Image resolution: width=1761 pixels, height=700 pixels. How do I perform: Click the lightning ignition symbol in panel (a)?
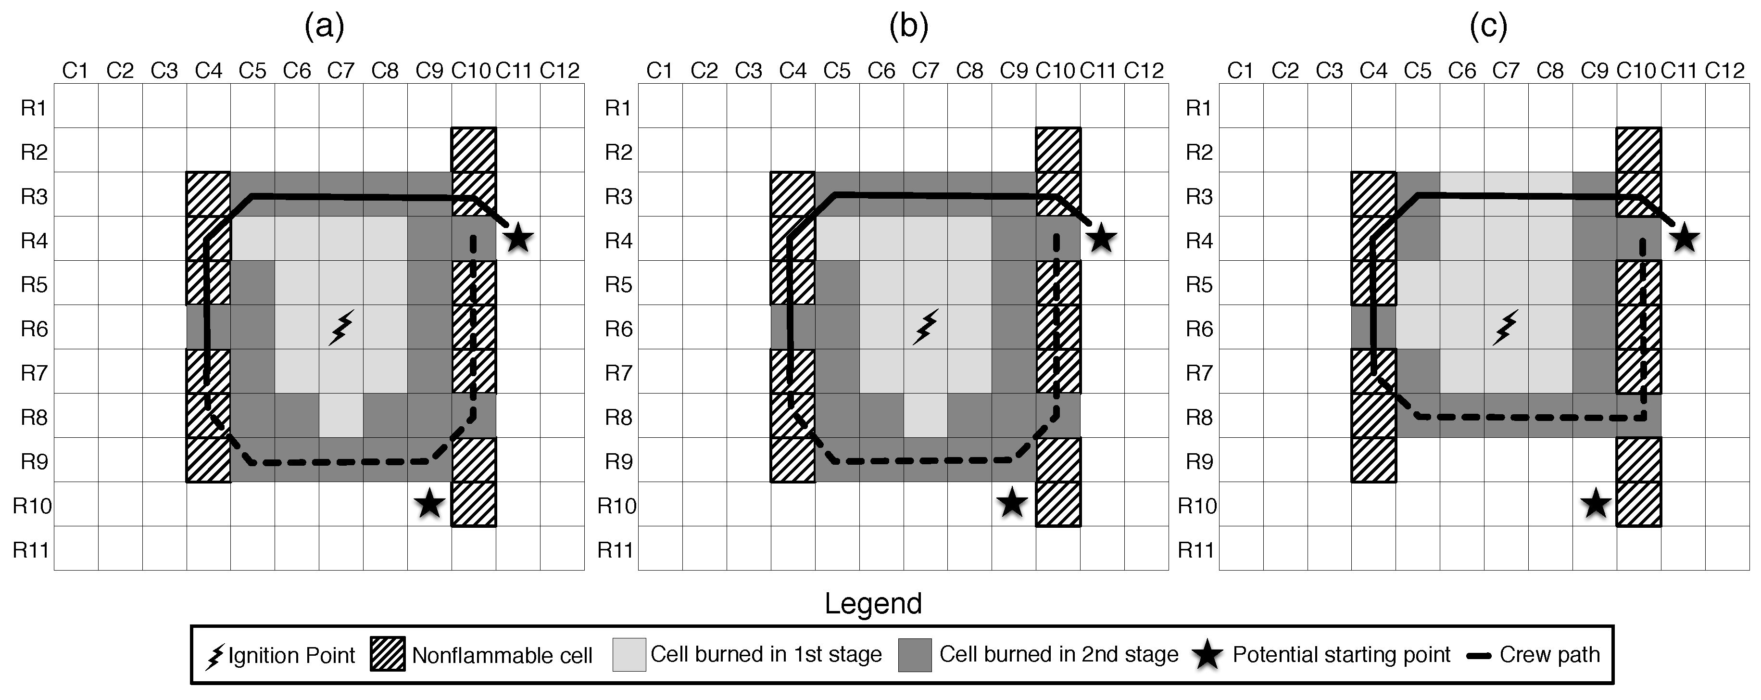[341, 328]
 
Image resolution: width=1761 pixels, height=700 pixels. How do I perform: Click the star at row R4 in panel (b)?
[1101, 239]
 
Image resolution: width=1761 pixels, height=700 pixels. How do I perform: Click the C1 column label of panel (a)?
[75, 70]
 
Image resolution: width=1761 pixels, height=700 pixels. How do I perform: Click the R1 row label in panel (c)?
[1198, 108]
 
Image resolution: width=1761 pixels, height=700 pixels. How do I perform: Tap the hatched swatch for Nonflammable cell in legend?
[388, 654]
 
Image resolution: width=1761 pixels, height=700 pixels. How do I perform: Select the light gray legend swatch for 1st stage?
[629, 654]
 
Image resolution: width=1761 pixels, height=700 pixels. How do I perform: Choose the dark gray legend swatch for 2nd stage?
[915, 654]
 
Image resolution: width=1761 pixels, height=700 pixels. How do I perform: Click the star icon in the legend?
[1208, 655]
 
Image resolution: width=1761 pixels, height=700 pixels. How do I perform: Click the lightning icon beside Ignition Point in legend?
[214, 656]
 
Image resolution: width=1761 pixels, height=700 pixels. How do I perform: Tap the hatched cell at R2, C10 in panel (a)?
[473, 150]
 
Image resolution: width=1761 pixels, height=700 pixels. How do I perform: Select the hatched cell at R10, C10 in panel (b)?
[1057, 504]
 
